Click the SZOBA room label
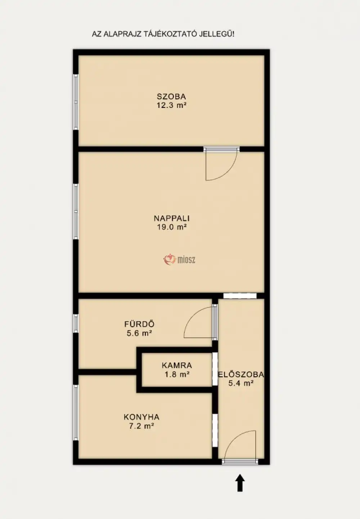click(x=171, y=96)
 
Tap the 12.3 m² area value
click(x=172, y=105)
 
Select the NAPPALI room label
click(x=172, y=218)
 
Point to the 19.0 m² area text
click(x=172, y=227)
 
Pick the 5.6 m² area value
click(x=139, y=333)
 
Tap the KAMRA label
click(x=177, y=365)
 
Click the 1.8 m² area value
click(x=177, y=374)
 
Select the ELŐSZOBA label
click(x=241, y=374)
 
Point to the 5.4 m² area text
click(x=241, y=383)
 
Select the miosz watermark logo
click(x=179, y=260)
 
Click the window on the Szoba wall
click(x=76, y=102)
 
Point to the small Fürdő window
click(x=76, y=323)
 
